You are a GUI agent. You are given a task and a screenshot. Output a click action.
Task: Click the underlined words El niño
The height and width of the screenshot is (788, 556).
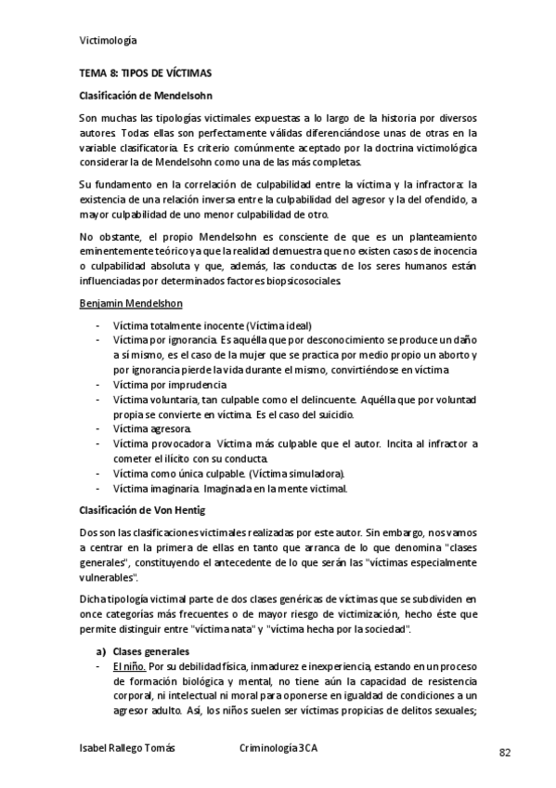[x=127, y=667]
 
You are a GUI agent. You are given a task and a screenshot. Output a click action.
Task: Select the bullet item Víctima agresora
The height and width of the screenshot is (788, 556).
[x=152, y=428]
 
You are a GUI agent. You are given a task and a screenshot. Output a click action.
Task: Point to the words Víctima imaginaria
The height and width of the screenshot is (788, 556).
[x=154, y=488]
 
